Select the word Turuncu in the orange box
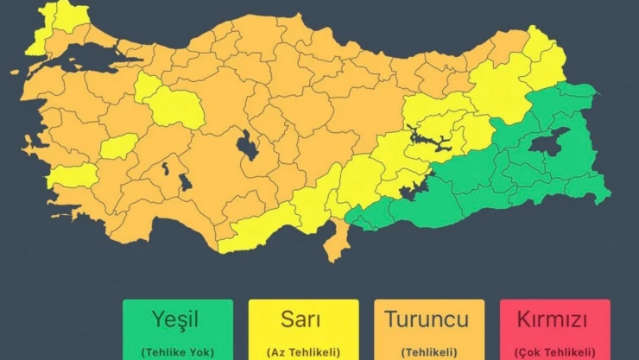click(428, 319)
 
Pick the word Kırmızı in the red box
click(554, 319)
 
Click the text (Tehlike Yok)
click(177, 351)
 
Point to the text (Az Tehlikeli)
click(303, 351)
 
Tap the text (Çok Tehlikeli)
click(554, 351)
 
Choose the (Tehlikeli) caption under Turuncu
click(428, 351)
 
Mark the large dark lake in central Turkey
click(248, 146)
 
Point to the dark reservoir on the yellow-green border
click(416, 186)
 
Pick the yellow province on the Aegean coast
click(73, 177)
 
